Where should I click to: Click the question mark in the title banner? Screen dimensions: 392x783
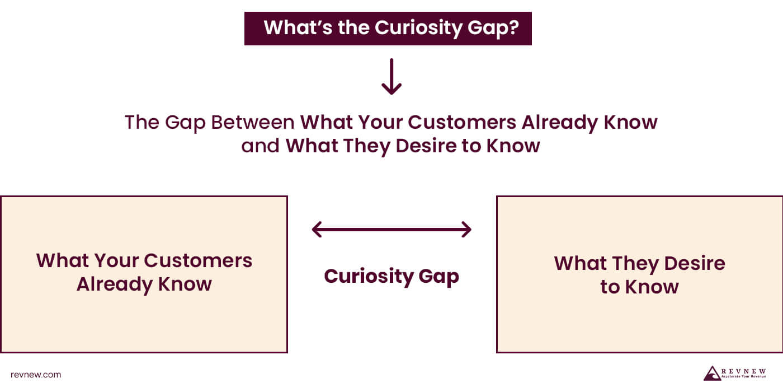click(x=511, y=27)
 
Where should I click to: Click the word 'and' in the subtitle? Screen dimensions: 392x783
click(x=261, y=146)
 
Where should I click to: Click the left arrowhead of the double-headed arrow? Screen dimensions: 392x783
click(x=317, y=229)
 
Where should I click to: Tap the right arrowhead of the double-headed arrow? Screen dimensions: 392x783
click(x=466, y=229)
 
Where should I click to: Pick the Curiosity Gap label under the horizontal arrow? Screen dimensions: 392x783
click(x=391, y=276)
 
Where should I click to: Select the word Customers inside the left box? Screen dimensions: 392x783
click(x=198, y=260)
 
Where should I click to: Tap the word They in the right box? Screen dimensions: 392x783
click(x=630, y=263)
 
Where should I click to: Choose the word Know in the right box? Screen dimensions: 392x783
click(x=652, y=287)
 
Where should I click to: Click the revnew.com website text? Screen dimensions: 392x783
click(x=36, y=375)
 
